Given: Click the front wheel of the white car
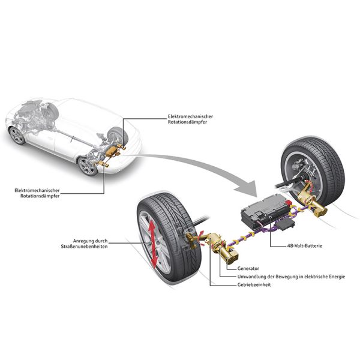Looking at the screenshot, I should [18, 136].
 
